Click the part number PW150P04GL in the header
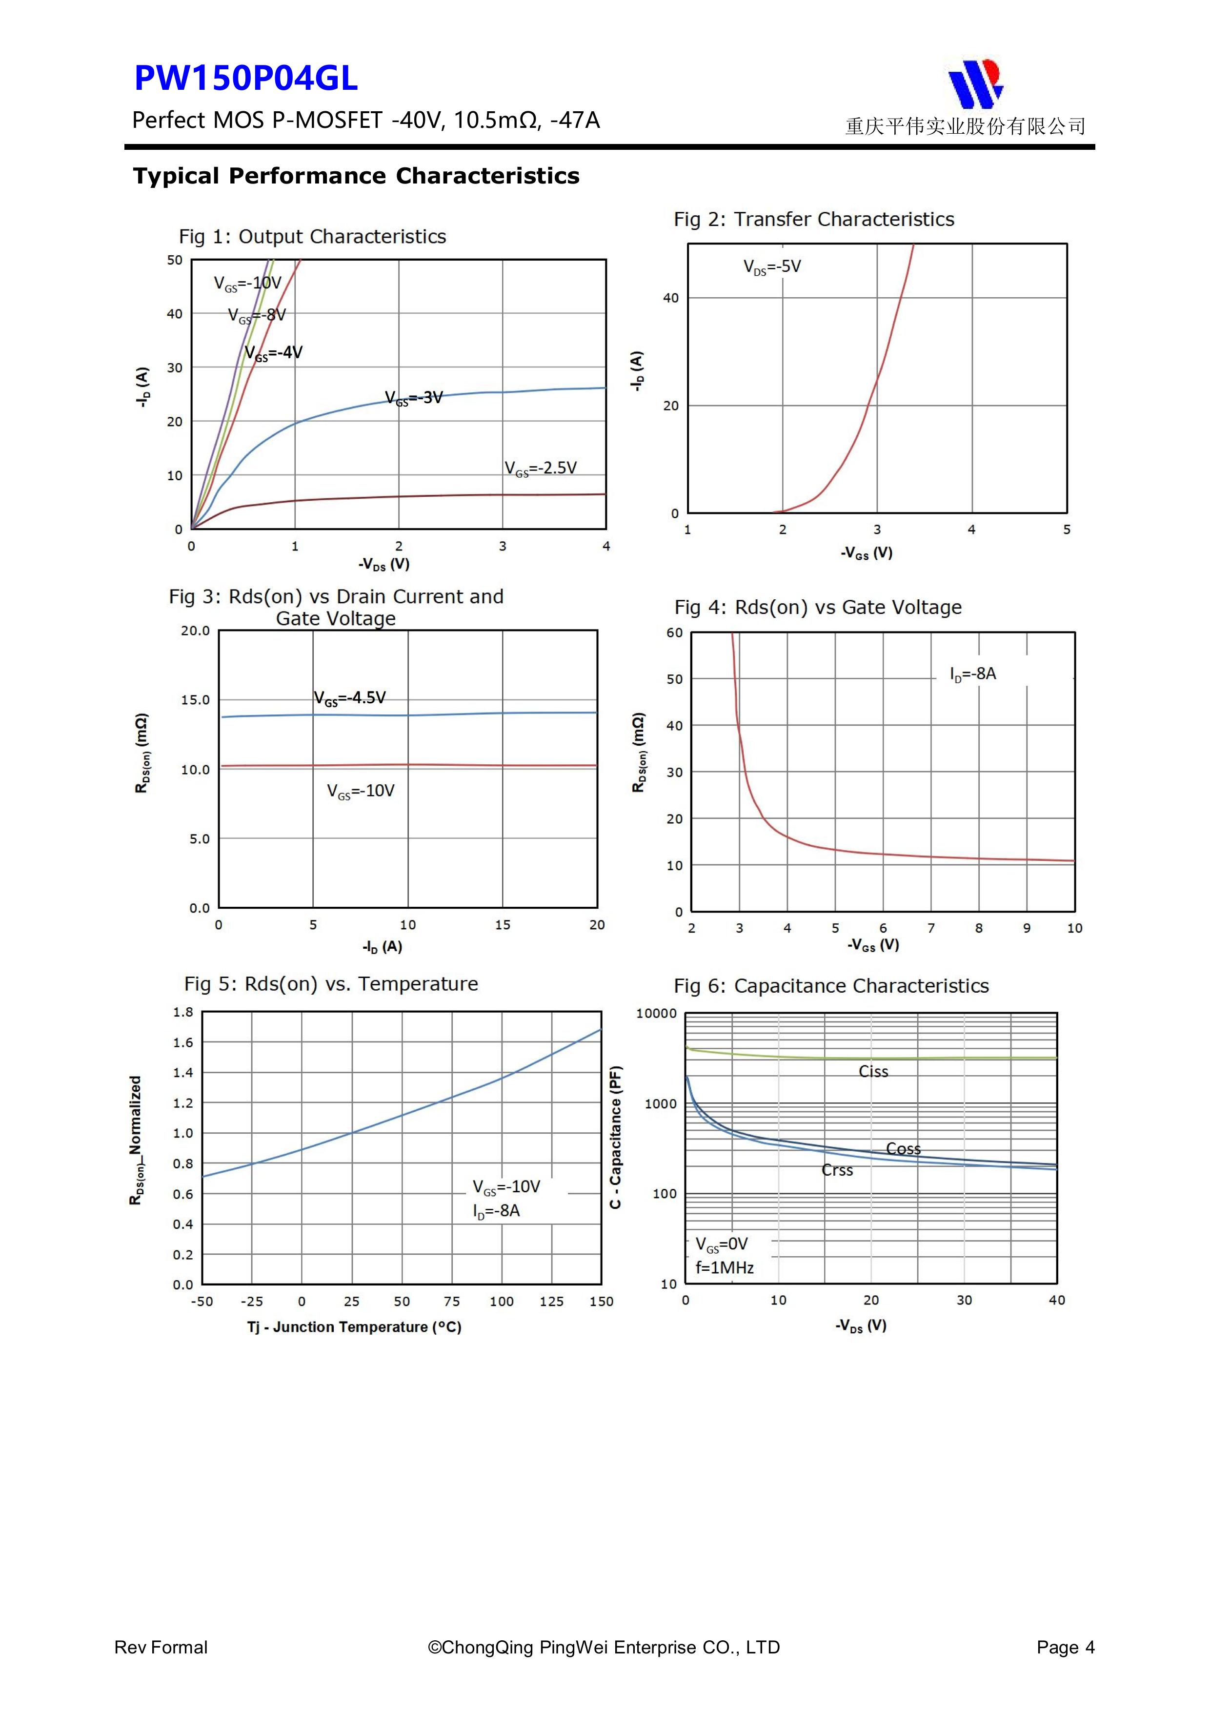(246, 78)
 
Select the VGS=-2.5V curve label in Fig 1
(541, 469)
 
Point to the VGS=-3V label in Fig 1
(414, 398)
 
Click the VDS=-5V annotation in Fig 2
(772, 267)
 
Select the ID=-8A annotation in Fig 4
(972, 674)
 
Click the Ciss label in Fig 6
(873, 1072)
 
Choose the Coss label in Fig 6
(903, 1149)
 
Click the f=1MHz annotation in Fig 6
(724, 1267)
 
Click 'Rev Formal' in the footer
(161, 1647)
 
